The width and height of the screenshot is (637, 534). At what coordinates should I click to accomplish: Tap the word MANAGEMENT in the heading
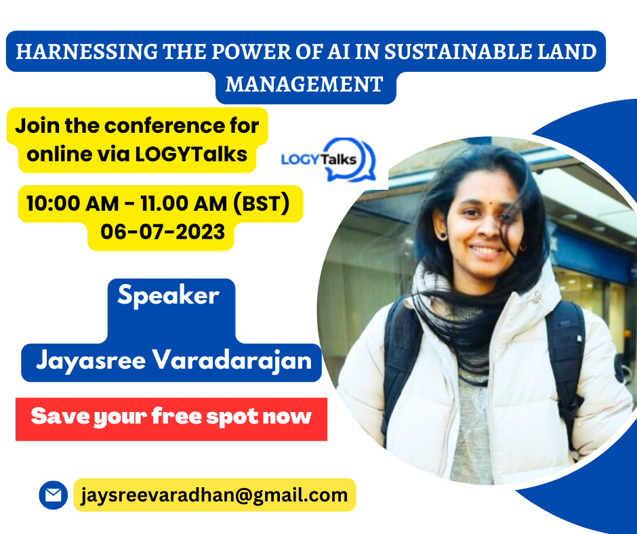(304, 85)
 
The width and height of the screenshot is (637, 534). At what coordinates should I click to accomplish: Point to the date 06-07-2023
(163, 232)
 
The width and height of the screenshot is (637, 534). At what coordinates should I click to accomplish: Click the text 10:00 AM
(73, 203)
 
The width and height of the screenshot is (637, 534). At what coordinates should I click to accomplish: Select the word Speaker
(169, 296)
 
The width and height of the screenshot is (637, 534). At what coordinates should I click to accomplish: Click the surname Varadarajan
(232, 361)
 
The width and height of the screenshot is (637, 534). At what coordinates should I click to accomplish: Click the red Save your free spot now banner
(171, 419)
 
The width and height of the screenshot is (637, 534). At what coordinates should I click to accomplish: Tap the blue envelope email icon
(54, 495)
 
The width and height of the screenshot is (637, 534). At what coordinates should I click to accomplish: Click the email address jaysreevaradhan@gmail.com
(214, 495)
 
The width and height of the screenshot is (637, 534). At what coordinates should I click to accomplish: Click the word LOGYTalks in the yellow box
(191, 155)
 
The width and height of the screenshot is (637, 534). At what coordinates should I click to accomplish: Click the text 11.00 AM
(184, 203)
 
